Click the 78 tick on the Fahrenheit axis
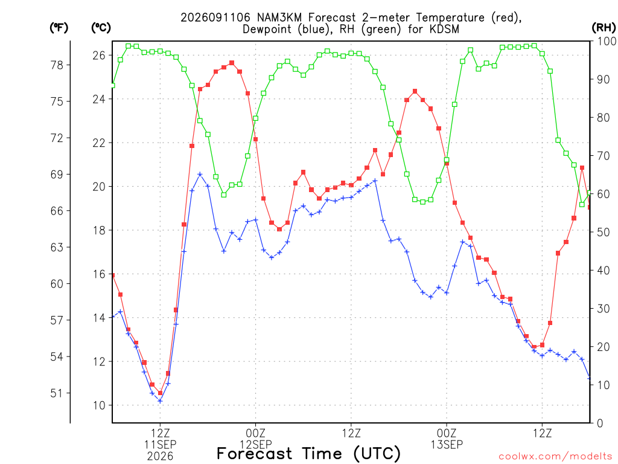57,65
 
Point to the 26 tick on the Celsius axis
100,55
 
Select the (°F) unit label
59,28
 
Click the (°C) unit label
101,28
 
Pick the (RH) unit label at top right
604,28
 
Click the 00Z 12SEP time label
256,439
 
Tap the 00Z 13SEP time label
447,439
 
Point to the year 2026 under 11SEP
160,457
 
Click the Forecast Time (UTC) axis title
308,454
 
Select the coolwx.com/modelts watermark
555,457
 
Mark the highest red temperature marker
232,63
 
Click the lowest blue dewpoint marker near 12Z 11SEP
160,401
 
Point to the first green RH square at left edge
113,85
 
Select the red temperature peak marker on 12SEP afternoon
415,91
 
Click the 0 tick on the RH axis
600,424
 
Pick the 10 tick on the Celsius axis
100,405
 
